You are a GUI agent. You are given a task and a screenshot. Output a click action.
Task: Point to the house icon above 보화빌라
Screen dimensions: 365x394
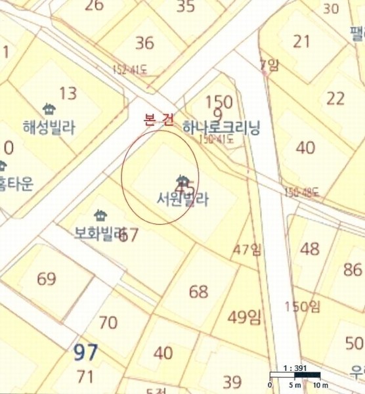[x=100, y=215]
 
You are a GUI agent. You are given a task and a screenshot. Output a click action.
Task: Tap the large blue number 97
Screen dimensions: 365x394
[x=85, y=353]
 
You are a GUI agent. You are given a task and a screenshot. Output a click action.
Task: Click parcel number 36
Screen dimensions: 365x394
[x=144, y=43]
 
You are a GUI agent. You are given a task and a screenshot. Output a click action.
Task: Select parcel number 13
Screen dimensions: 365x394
[x=68, y=93]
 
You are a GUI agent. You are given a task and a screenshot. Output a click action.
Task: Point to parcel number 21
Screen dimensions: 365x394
[x=301, y=41]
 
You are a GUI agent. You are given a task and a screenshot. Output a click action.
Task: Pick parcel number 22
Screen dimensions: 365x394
[x=335, y=98]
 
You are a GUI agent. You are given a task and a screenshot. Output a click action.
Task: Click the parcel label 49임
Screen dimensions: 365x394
[x=244, y=318]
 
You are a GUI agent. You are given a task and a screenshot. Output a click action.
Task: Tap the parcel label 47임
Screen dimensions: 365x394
[x=247, y=249]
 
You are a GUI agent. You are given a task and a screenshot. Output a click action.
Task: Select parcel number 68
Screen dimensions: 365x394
[x=198, y=292]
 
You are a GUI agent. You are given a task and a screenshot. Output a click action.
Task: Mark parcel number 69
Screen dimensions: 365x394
[x=47, y=279]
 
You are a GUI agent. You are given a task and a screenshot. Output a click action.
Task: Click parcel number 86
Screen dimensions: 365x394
[x=353, y=269]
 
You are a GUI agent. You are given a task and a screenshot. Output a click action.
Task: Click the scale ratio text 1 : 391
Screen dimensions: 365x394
[x=294, y=368]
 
